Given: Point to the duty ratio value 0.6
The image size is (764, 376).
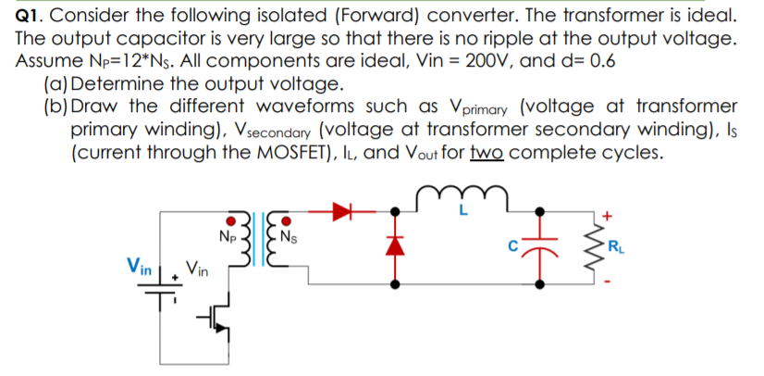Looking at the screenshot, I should pos(603,62).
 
